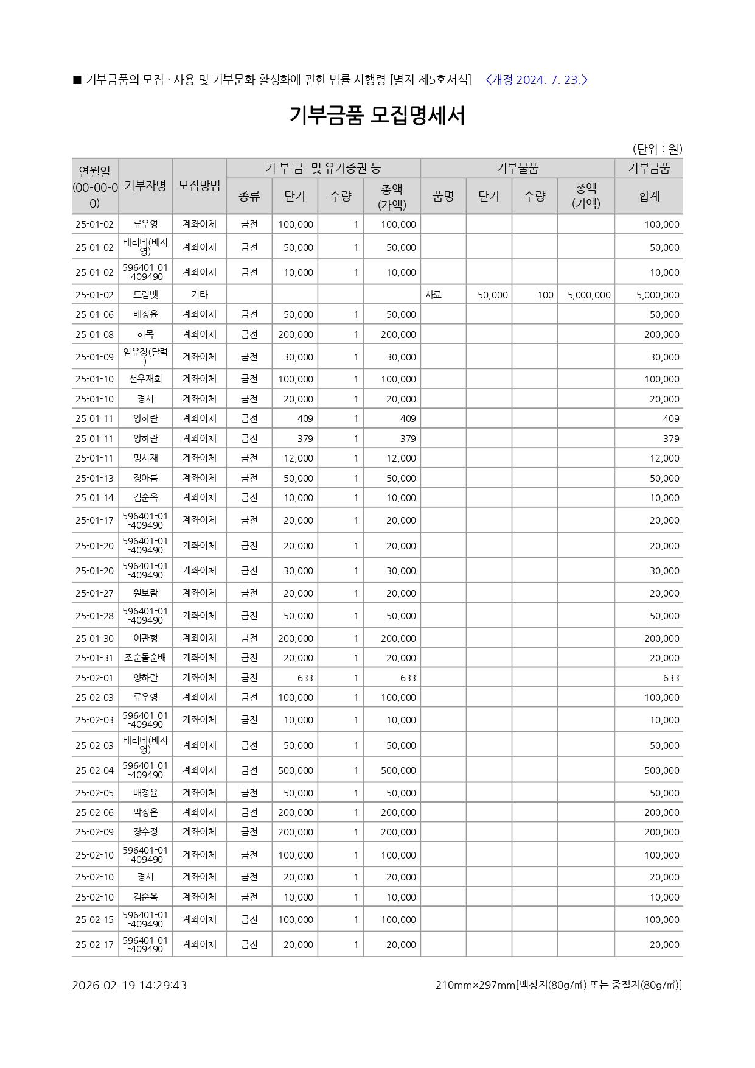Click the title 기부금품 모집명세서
point(377,116)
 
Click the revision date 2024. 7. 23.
point(537,80)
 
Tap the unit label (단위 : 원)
point(657,149)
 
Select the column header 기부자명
point(145,186)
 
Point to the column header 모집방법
point(199,186)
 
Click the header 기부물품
point(517,168)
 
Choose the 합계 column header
point(649,196)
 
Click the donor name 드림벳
point(145,295)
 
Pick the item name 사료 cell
point(433,295)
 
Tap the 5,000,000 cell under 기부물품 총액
point(588,295)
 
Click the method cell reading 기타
point(199,295)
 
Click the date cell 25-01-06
point(95,315)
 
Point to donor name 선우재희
point(145,379)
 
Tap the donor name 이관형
point(145,638)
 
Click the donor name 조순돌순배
point(145,658)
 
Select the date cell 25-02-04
point(95,770)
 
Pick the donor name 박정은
point(145,812)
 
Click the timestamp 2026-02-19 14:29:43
point(129,985)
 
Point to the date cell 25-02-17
point(95,944)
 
